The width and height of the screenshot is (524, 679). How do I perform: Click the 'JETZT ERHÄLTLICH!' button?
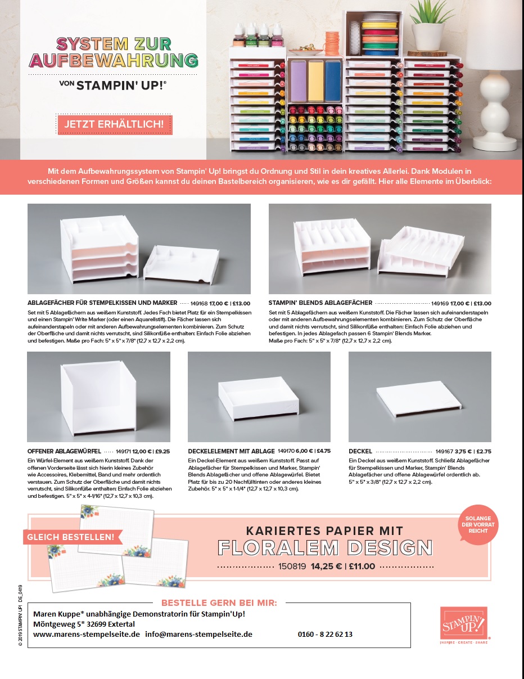(x=115, y=124)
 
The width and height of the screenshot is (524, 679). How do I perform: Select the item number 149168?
(x=199, y=303)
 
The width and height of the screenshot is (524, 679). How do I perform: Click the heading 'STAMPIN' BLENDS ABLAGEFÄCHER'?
(x=320, y=303)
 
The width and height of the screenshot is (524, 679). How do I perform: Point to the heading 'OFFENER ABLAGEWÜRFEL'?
(x=64, y=451)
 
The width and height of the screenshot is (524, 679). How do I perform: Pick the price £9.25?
(x=162, y=451)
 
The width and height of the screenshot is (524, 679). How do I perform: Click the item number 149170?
(x=286, y=451)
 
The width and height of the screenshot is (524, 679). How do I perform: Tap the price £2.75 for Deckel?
(x=484, y=451)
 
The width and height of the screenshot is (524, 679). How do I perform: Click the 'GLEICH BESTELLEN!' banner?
(x=72, y=537)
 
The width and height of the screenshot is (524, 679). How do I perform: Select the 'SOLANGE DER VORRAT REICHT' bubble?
(x=478, y=524)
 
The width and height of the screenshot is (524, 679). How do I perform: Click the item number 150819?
(x=292, y=566)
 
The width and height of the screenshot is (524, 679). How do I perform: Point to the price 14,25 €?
(x=326, y=566)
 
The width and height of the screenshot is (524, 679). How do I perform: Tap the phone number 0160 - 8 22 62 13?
(x=325, y=634)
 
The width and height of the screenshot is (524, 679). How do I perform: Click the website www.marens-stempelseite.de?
(x=87, y=634)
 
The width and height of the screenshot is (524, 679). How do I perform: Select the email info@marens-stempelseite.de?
(x=198, y=634)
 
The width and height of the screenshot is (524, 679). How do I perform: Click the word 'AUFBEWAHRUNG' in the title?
(x=114, y=60)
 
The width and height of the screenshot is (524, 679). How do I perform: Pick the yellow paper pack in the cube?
(x=315, y=80)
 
